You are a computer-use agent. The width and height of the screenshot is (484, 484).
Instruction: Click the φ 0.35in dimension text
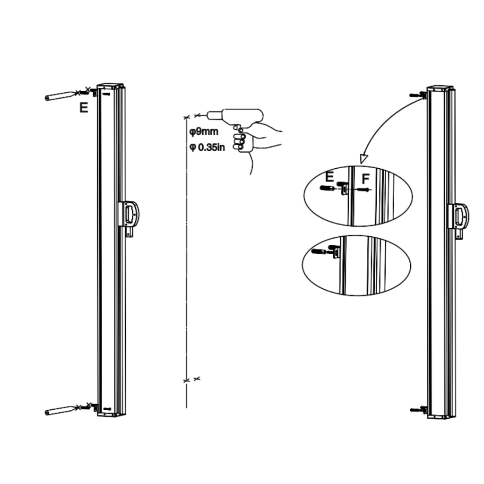pyautogui.click(x=207, y=147)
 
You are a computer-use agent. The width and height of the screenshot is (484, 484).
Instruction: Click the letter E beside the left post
pyautogui.click(x=84, y=108)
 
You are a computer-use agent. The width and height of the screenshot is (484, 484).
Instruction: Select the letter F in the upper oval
pyautogui.click(x=366, y=179)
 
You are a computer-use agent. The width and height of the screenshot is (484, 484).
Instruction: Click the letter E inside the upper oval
pyautogui.click(x=330, y=177)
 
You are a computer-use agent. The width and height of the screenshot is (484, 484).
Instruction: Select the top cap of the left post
pyautogui.click(x=111, y=86)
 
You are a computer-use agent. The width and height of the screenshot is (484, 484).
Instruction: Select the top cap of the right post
pyautogui.click(x=441, y=89)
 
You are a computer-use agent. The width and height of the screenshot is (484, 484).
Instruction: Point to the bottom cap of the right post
pyautogui.click(x=441, y=415)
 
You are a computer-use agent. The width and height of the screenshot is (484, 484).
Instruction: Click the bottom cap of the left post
pyautogui.click(x=112, y=414)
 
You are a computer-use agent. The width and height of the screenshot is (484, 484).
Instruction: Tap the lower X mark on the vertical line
pyautogui.click(x=187, y=380)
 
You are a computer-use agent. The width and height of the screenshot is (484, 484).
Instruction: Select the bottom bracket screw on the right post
pyautogui.click(x=416, y=409)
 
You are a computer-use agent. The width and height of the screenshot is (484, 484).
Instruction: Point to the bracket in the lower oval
pyautogui.click(x=336, y=253)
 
